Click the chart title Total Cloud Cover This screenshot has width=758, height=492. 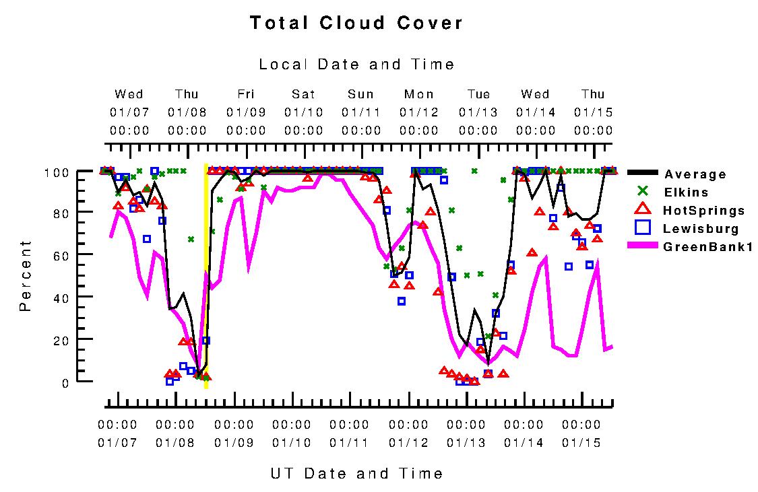click(356, 23)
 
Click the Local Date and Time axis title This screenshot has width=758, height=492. click(356, 65)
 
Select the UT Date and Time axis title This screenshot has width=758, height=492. click(356, 473)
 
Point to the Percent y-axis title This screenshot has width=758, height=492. click(26, 275)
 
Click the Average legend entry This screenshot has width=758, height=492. click(695, 175)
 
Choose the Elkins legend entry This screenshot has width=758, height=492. click(687, 192)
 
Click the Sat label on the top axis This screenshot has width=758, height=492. click(303, 94)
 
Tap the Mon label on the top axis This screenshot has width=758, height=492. click(419, 94)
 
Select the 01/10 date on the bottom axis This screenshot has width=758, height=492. click(291, 443)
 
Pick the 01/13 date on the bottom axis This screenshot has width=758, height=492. click(466, 443)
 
